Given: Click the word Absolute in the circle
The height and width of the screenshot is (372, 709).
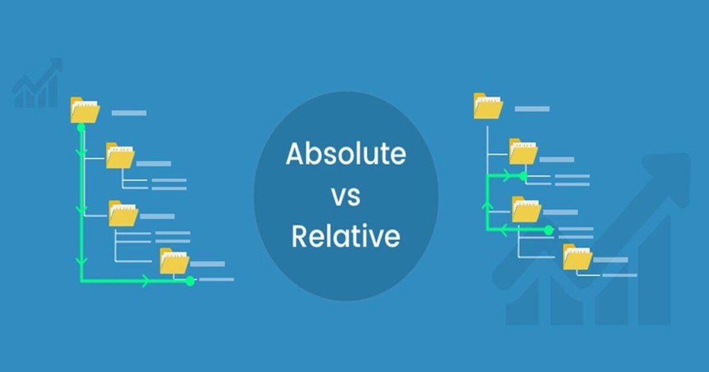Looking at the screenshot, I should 346,155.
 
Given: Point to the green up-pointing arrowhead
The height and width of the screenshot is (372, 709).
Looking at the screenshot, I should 487,204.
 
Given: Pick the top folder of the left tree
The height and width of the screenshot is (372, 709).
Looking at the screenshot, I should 84,110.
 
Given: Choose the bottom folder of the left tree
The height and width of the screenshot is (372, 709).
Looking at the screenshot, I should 174,261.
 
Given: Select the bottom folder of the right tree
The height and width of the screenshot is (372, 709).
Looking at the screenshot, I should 577,257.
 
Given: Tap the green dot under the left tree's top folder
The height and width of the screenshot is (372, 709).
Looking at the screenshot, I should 82,127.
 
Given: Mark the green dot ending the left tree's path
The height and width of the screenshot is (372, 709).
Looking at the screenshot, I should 190,281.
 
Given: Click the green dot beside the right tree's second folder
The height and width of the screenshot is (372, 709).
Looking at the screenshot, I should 523,176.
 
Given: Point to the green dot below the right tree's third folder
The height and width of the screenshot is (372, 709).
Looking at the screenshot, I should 548,230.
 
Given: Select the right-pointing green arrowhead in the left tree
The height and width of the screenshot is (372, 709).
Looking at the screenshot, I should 145,281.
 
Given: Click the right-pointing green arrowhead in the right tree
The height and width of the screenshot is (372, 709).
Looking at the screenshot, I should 506,176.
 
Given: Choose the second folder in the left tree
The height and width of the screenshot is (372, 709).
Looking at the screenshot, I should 120,155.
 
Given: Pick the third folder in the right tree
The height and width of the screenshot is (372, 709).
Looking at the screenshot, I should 526,210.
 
